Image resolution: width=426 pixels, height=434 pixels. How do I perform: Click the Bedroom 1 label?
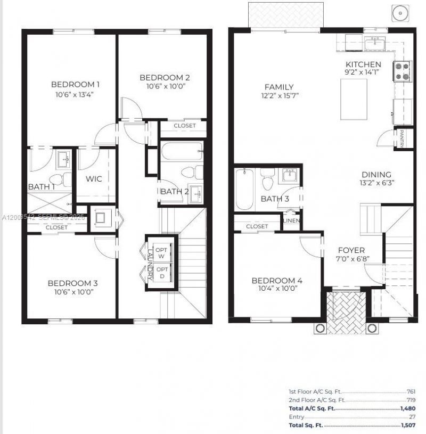(75, 84)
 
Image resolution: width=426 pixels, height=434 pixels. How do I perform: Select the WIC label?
(95, 179)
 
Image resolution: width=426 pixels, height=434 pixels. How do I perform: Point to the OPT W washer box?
(162, 253)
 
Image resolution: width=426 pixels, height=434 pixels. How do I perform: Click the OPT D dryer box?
(162, 273)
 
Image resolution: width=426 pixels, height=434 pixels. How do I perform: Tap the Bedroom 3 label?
(72, 283)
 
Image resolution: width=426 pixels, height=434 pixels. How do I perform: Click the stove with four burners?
(402, 71)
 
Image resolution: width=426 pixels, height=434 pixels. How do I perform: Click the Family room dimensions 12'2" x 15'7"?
(278, 96)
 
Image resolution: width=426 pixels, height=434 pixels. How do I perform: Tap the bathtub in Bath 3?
(244, 189)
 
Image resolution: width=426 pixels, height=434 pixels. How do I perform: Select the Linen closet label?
(291, 220)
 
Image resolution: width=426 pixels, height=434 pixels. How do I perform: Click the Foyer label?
(351, 250)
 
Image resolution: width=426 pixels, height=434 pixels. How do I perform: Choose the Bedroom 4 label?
(277, 281)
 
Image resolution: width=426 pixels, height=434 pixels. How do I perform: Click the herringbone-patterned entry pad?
(345, 312)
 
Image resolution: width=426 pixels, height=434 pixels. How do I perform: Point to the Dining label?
(376, 174)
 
